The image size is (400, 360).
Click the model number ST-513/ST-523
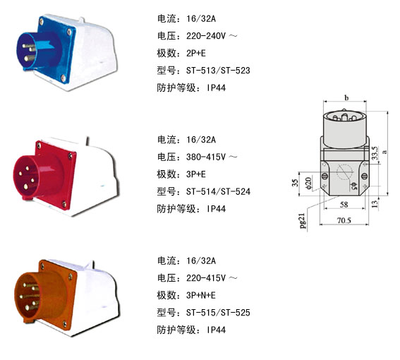(218, 71)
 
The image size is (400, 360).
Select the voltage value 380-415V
(206, 157)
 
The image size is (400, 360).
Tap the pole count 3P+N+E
(201, 295)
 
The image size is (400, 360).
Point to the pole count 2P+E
(196, 54)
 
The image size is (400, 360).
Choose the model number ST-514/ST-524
(218, 191)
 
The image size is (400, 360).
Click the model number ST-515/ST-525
(218, 313)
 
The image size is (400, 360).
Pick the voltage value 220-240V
(206, 36)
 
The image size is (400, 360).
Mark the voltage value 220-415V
(206, 278)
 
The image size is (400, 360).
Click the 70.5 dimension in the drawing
(344, 220)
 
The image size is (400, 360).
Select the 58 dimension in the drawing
(344, 205)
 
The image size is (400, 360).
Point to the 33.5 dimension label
(375, 153)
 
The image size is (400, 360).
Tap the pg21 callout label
(303, 221)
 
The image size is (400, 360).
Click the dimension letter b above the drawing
(346, 97)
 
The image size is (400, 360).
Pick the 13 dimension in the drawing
(374, 204)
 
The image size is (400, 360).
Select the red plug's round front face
(25, 176)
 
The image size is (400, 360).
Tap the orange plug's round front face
(27, 296)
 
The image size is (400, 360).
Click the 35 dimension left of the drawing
(295, 183)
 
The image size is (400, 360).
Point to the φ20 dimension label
(308, 183)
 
